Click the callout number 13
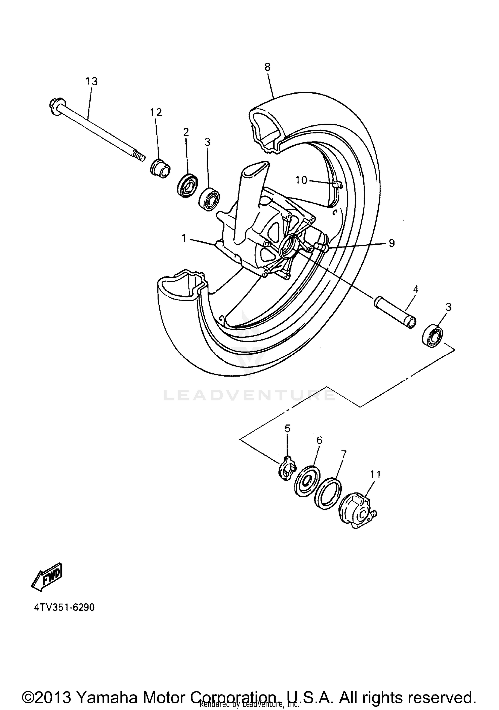tap(92, 81)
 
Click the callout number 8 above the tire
tap(267, 67)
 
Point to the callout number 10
tap(301, 180)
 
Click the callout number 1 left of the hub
tap(184, 238)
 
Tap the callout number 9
tap(391, 243)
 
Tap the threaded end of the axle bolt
tap(139, 156)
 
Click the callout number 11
tap(375, 475)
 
